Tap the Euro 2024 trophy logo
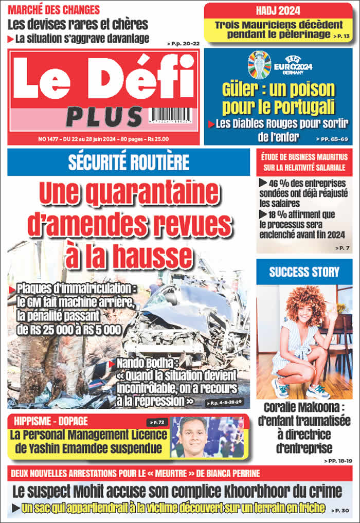click(259, 64)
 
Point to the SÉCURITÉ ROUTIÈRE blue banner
click(129, 163)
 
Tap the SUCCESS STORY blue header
click(304, 272)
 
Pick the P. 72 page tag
click(156, 422)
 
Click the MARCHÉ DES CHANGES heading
click(54, 10)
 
